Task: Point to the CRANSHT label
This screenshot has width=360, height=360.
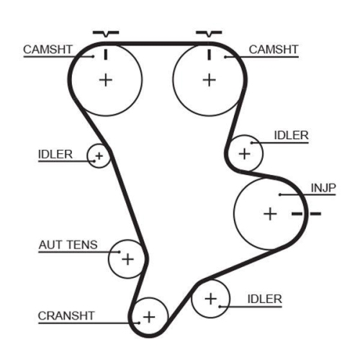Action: pyautogui.click(x=67, y=315)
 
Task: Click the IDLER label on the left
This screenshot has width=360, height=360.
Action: pyautogui.click(x=55, y=153)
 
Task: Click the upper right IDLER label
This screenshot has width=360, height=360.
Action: pyautogui.click(x=291, y=135)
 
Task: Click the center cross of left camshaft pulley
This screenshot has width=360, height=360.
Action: pyautogui.click(x=106, y=79)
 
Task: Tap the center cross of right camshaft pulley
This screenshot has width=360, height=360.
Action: pyautogui.click(x=208, y=79)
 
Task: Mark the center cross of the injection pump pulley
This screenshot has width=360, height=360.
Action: pyautogui.click(x=269, y=213)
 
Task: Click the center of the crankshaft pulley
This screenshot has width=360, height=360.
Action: pyautogui.click(x=149, y=316)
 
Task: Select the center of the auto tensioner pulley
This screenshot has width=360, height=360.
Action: pyautogui.click(x=127, y=258)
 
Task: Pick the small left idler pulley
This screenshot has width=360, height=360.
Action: pyautogui.click(x=98, y=155)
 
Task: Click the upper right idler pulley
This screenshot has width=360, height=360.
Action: pyautogui.click(x=245, y=153)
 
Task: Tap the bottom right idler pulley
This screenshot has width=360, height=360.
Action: pyautogui.click(x=210, y=297)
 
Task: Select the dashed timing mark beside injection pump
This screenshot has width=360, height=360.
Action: pyautogui.click(x=306, y=214)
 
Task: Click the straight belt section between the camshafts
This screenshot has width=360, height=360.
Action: pyautogui.click(x=157, y=44)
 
